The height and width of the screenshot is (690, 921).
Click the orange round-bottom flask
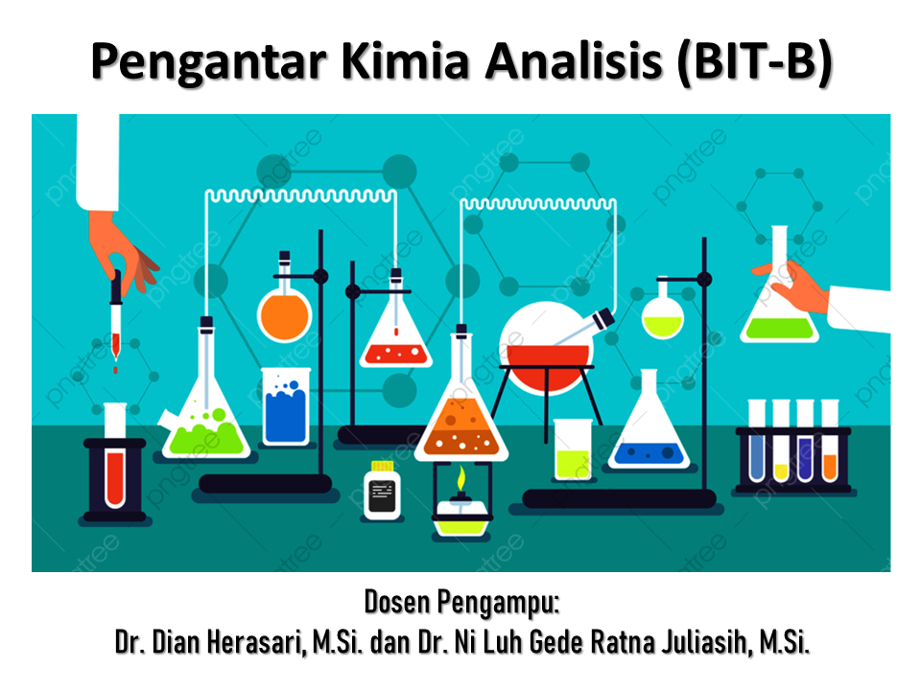[x=284, y=311]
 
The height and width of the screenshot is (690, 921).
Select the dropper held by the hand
[x=116, y=307]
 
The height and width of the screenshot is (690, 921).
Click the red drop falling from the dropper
[x=115, y=367]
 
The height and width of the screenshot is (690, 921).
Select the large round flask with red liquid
[x=543, y=350]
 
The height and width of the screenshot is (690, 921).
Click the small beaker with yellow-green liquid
[x=573, y=448]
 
